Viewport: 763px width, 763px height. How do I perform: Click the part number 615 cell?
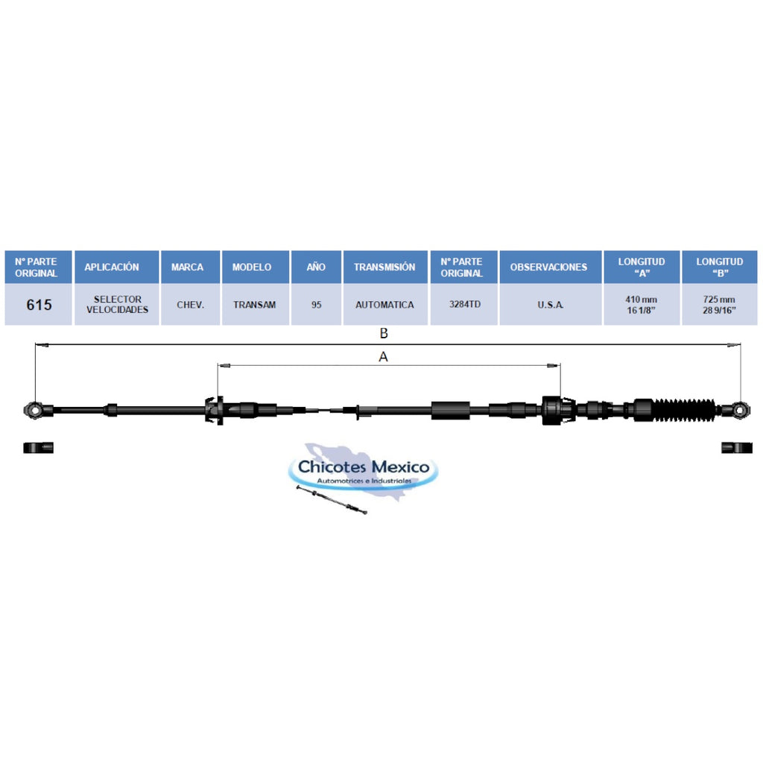pyautogui.click(x=39, y=305)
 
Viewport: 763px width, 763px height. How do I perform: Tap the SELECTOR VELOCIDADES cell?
pyautogui.click(x=117, y=305)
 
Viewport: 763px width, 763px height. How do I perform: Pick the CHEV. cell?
pyautogui.click(x=190, y=305)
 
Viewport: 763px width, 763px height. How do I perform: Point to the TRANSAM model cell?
pyautogui.click(x=256, y=305)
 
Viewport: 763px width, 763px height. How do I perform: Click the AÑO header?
pyautogui.click(x=316, y=267)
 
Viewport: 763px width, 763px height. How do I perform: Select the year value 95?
pyautogui.click(x=316, y=305)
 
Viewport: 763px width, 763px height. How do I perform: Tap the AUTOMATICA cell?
pyautogui.click(x=385, y=305)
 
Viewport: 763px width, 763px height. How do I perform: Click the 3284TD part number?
pyautogui.click(x=464, y=305)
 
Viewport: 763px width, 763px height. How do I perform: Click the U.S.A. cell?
pyautogui.click(x=551, y=305)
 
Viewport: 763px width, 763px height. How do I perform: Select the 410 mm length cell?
pyautogui.click(x=642, y=305)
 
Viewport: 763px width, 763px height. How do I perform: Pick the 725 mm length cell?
pyautogui.click(x=720, y=305)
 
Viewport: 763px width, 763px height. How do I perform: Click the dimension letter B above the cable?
pyautogui.click(x=384, y=333)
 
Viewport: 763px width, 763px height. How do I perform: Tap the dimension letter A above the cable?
pyautogui.click(x=383, y=357)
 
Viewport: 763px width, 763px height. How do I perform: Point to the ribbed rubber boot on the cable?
pyautogui.click(x=684, y=410)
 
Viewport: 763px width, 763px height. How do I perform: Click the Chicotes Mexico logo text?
pyautogui.click(x=364, y=466)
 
